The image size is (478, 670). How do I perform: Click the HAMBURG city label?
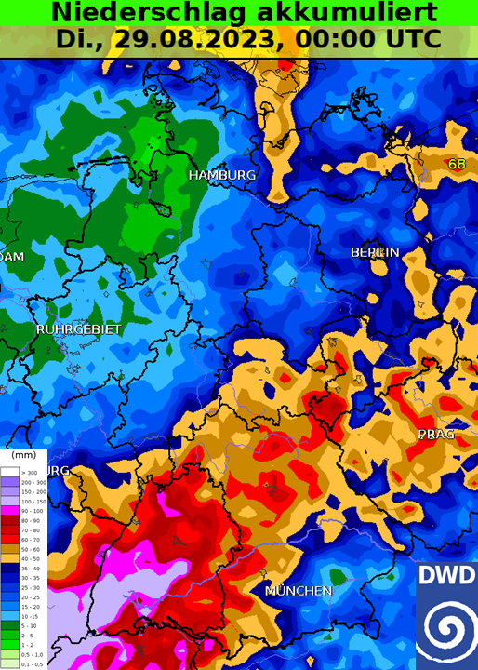221,175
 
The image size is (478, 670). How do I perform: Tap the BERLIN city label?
375,252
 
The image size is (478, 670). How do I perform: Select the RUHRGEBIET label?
66,329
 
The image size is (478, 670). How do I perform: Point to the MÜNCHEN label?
298,591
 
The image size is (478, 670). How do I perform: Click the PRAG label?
435,435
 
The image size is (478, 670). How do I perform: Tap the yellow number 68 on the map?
457,164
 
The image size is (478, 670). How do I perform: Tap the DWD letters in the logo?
445,574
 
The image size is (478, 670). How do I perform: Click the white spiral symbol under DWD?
445,625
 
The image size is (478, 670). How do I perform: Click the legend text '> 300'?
28,474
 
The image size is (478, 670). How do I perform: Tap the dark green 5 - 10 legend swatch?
8,626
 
